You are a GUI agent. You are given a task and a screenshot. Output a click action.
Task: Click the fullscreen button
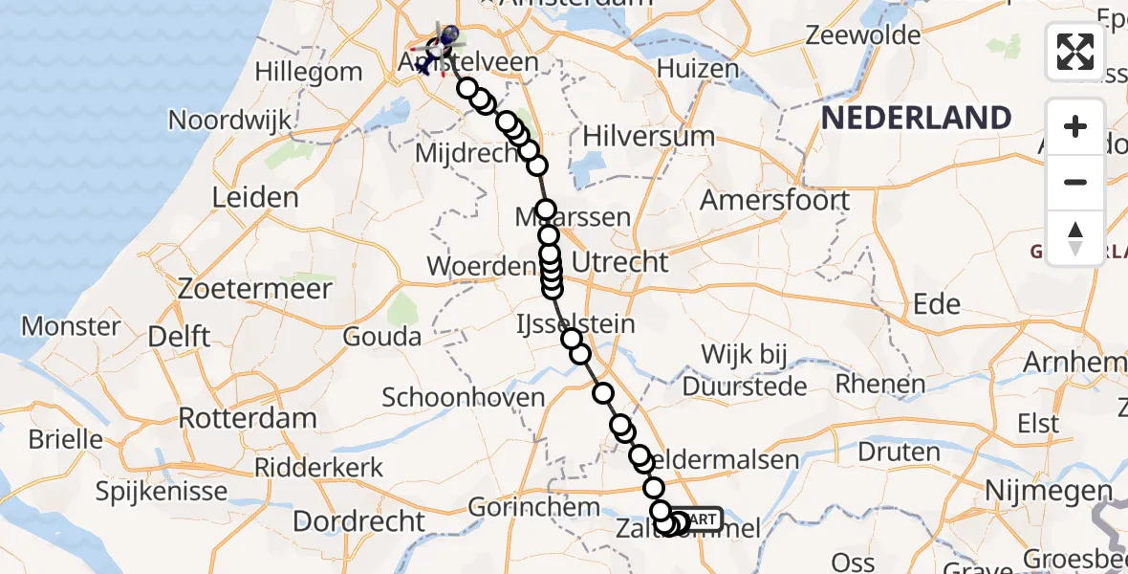tap(1075, 52)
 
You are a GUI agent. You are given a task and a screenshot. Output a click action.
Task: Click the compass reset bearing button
tap(1075, 237)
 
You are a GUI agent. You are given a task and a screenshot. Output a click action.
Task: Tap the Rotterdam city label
tap(248, 419)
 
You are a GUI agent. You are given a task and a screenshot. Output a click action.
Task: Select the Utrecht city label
tap(620, 261)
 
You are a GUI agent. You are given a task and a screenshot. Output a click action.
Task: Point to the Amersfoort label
tap(774, 201)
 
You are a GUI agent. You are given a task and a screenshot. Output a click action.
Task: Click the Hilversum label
tap(650, 136)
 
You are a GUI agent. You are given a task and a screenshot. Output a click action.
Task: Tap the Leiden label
tap(256, 198)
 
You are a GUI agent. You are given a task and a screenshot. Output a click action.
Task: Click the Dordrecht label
tap(358, 521)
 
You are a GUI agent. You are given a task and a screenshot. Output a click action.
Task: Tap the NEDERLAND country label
tap(916, 119)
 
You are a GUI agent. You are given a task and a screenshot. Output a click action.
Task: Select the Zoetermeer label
tap(255, 289)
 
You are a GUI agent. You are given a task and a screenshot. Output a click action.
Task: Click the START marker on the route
tap(699, 519)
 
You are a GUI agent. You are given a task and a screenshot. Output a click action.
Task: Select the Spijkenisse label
tap(163, 492)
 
